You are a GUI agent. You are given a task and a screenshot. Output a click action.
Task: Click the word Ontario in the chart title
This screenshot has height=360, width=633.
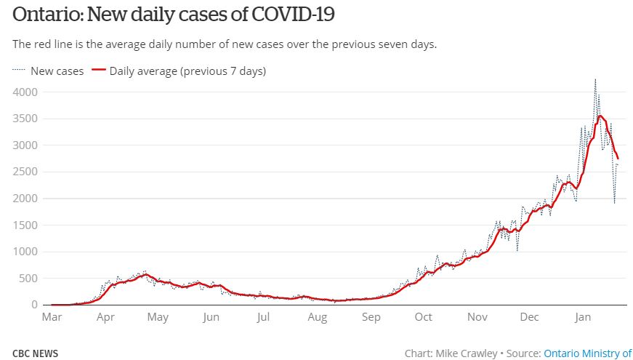click(x=44, y=15)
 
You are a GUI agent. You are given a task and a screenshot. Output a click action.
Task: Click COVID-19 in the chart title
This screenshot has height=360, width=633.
click(x=294, y=15)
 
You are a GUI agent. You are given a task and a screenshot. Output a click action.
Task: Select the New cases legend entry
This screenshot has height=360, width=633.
click(x=57, y=71)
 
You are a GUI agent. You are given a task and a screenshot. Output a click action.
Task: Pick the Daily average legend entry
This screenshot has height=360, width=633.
click(x=188, y=71)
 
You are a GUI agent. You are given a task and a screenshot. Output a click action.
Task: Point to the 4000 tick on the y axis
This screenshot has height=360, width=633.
click(x=26, y=92)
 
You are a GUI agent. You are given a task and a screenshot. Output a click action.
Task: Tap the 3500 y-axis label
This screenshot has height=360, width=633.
click(x=26, y=119)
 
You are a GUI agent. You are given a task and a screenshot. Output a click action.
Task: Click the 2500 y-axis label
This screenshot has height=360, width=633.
click(x=26, y=172)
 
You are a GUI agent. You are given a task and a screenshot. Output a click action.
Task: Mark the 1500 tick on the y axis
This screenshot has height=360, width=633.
click(x=26, y=225)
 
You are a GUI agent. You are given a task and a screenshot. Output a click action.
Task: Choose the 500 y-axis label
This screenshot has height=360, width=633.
click(x=29, y=278)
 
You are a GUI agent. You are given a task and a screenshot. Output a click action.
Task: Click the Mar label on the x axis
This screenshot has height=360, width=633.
click(x=52, y=317)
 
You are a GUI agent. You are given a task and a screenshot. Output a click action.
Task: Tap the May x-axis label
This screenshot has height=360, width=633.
click(x=158, y=317)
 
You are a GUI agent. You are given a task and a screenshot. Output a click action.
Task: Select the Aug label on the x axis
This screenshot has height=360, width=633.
click(x=317, y=317)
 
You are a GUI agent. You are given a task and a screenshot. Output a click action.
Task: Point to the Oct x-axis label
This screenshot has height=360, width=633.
click(x=423, y=317)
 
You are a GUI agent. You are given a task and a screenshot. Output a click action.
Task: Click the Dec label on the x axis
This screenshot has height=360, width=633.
click(x=530, y=317)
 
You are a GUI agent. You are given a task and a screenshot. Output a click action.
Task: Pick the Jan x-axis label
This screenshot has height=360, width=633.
click(x=583, y=317)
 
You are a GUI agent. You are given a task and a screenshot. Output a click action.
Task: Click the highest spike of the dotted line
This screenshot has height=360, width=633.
click(x=595, y=79)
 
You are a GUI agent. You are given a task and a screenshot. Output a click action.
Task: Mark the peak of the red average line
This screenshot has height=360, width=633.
click(x=600, y=116)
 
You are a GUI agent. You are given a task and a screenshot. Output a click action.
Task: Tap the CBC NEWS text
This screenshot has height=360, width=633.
click(x=36, y=353)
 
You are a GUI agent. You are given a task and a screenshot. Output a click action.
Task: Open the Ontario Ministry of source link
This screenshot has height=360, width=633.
click(x=587, y=353)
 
